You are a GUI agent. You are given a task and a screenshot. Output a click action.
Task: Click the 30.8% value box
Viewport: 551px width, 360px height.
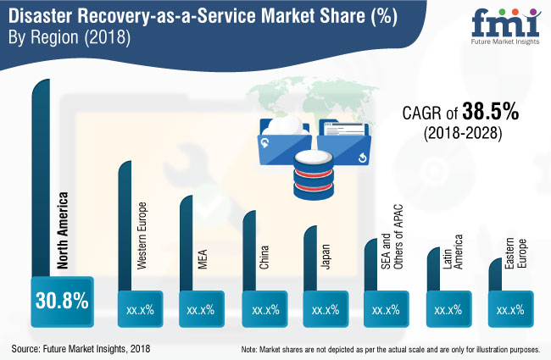pyautogui.click(x=62, y=302)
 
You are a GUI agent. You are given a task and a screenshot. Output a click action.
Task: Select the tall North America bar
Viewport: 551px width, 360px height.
pyautogui.click(x=41, y=178)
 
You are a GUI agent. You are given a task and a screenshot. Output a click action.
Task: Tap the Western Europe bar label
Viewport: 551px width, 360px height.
pyautogui.click(x=142, y=235)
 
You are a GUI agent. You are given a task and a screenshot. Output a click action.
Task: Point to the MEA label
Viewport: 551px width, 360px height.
pyautogui.click(x=203, y=259)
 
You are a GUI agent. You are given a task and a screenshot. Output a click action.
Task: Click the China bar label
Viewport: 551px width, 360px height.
pyautogui.click(x=264, y=258)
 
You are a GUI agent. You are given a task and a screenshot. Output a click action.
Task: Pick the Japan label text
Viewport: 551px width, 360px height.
pyautogui.click(x=326, y=257)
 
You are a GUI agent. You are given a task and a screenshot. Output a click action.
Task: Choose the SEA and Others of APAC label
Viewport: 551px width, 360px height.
pyautogui.click(x=392, y=236)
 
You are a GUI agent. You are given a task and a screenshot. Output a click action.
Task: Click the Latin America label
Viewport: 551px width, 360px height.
pyautogui.click(x=453, y=252)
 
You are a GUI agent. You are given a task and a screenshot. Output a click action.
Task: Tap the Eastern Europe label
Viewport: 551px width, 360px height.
pyautogui.click(x=515, y=253)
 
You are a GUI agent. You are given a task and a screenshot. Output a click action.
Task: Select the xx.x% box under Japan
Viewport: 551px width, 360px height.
pyautogui.click(x=326, y=309)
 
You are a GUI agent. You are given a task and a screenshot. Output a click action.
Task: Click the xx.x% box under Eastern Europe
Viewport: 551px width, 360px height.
pyautogui.click(x=510, y=309)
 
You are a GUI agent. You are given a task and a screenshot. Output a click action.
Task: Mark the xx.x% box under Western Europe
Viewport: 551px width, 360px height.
pyautogui.click(x=140, y=309)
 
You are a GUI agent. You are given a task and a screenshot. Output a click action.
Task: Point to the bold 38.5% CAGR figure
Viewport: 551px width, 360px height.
pyautogui.click(x=491, y=112)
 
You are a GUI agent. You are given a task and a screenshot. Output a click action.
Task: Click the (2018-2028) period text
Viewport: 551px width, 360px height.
pyautogui.click(x=463, y=133)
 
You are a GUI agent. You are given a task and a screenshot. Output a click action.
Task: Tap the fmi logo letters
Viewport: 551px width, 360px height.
pyautogui.click(x=506, y=23)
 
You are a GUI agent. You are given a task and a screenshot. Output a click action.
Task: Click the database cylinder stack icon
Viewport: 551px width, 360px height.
pyautogui.click(x=313, y=174)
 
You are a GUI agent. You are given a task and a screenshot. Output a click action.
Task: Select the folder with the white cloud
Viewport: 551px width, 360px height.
pyautogui.click(x=285, y=141)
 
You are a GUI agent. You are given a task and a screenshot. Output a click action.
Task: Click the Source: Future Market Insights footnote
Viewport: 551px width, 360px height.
pyautogui.click(x=81, y=349)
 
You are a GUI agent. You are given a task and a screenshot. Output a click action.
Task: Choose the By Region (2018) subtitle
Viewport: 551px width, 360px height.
pyautogui.click(x=70, y=37)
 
